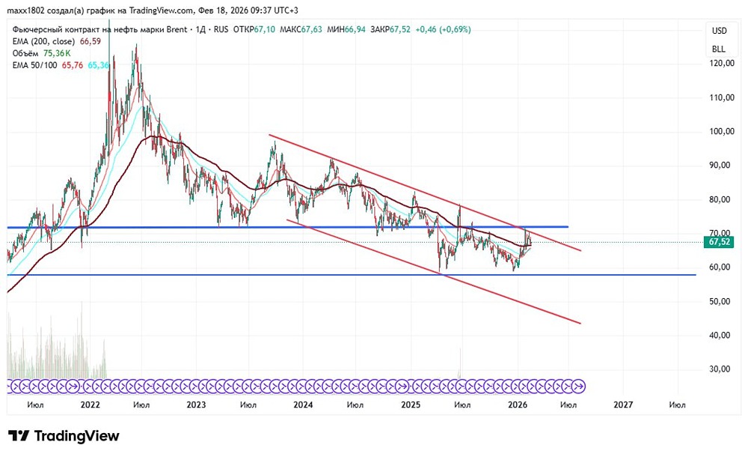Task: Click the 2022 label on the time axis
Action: [x=90, y=405]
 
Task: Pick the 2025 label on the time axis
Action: [x=411, y=405]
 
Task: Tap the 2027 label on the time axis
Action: [x=623, y=405]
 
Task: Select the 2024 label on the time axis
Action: [x=303, y=405]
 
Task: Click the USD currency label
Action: [x=719, y=31]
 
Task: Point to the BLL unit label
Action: [x=719, y=49]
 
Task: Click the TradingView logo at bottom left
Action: [x=64, y=436]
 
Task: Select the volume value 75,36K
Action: [x=57, y=54]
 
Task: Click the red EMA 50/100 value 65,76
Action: [x=73, y=66]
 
